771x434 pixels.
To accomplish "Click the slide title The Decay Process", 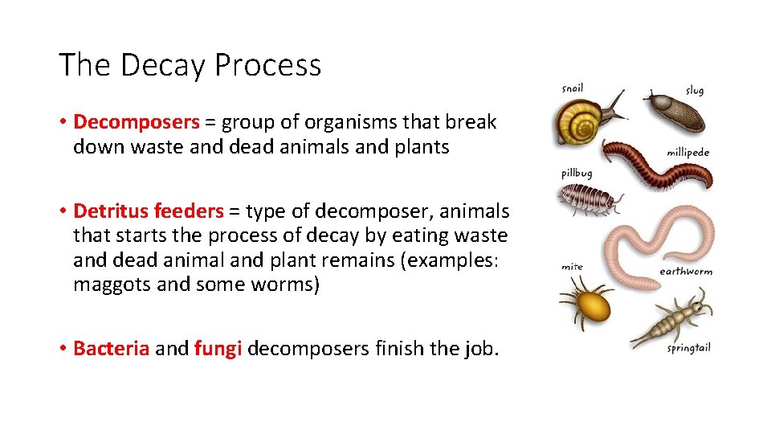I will click(x=190, y=65).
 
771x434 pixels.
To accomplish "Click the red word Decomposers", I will click(x=136, y=122).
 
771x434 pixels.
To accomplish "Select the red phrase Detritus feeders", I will click(x=148, y=211).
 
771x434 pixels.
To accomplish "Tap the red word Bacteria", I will click(x=111, y=349).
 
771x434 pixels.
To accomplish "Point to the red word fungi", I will click(x=218, y=349).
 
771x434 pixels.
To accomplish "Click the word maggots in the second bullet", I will click(x=108, y=285).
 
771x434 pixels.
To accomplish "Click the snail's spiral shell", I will click(x=577, y=123).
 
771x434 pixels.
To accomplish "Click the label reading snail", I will click(x=572, y=88).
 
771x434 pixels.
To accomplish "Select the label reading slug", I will click(x=694, y=90).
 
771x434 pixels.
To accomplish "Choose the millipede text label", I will click(x=687, y=152).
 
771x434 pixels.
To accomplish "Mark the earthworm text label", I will click(x=685, y=272).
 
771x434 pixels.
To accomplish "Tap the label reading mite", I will click(x=572, y=266).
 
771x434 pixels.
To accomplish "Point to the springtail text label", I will click(x=688, y=348).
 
